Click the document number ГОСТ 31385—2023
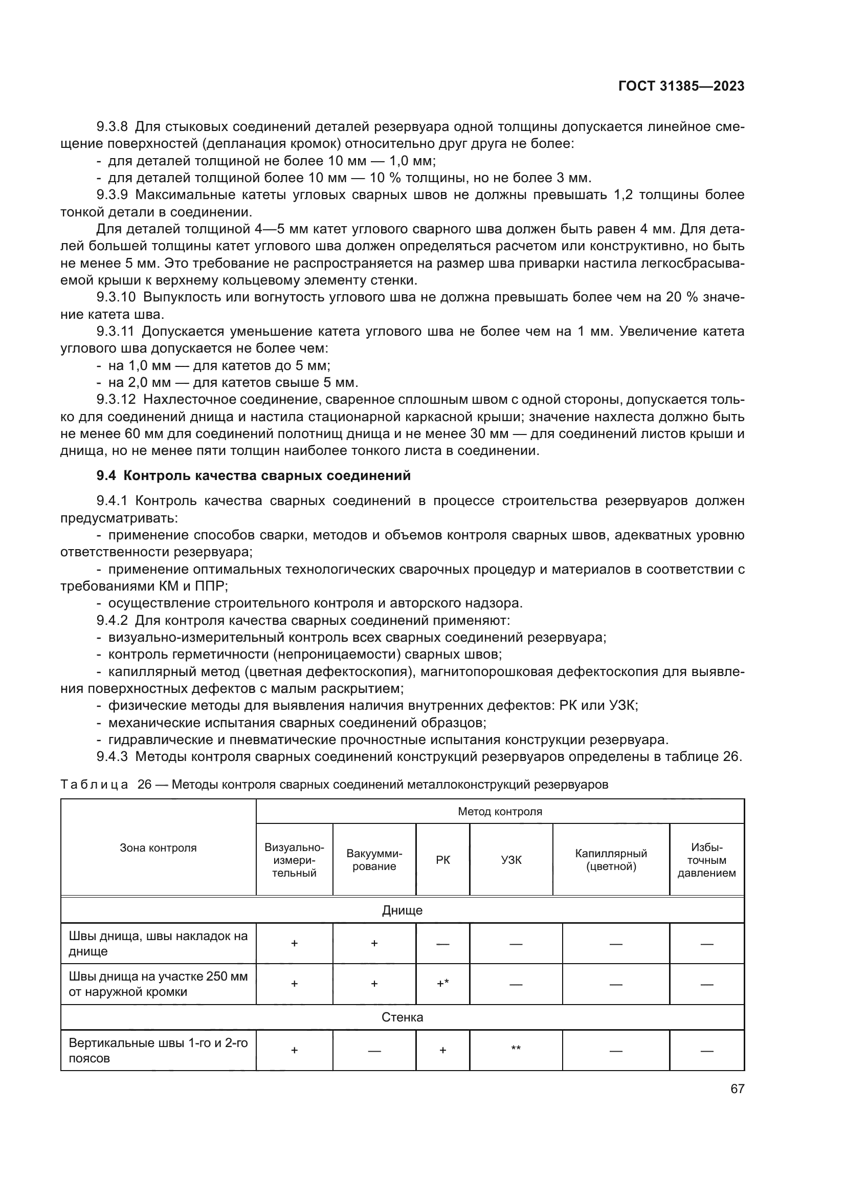[x=681, y=86]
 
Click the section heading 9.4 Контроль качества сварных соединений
[x=253, y=475]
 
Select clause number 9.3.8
[x=112, y=127]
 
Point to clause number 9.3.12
[x=116, y=399]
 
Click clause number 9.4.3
[x=112, y=756]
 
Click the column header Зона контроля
[x=158, y=847]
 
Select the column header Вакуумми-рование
[x=374, y=860]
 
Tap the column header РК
[x=443, y=860]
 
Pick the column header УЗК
[x=511, y=860]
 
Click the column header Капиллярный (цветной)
[x=611, y=860]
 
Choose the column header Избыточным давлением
[x=706, y=860]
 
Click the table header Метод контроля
[x=500, y=812]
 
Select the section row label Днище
[x=402, y=910]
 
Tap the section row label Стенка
[x=402, y=1017]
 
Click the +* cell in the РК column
[x=443, y=984]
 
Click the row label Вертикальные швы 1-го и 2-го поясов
[x=158, y=1050]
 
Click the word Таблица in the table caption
[x=94, y=785]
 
